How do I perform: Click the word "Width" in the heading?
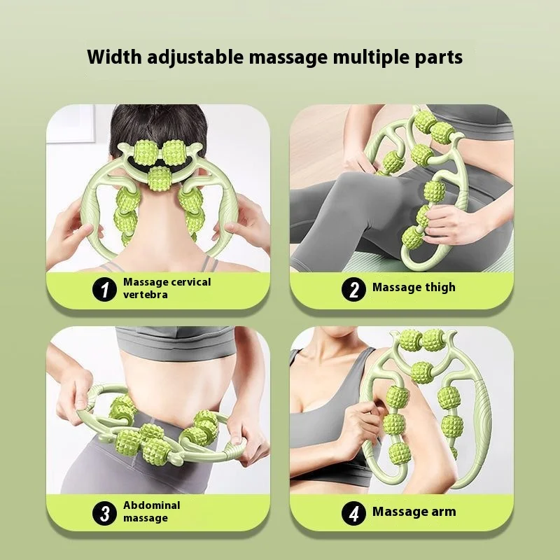(x=114, y=57)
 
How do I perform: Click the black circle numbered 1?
(x=105, y=288)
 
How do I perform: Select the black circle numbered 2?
(x=353, y=288)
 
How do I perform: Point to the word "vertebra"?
(x=146, y=295)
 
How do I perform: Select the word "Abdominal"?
(x=152, y=505)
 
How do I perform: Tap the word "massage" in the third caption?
(x=146, y=519)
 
